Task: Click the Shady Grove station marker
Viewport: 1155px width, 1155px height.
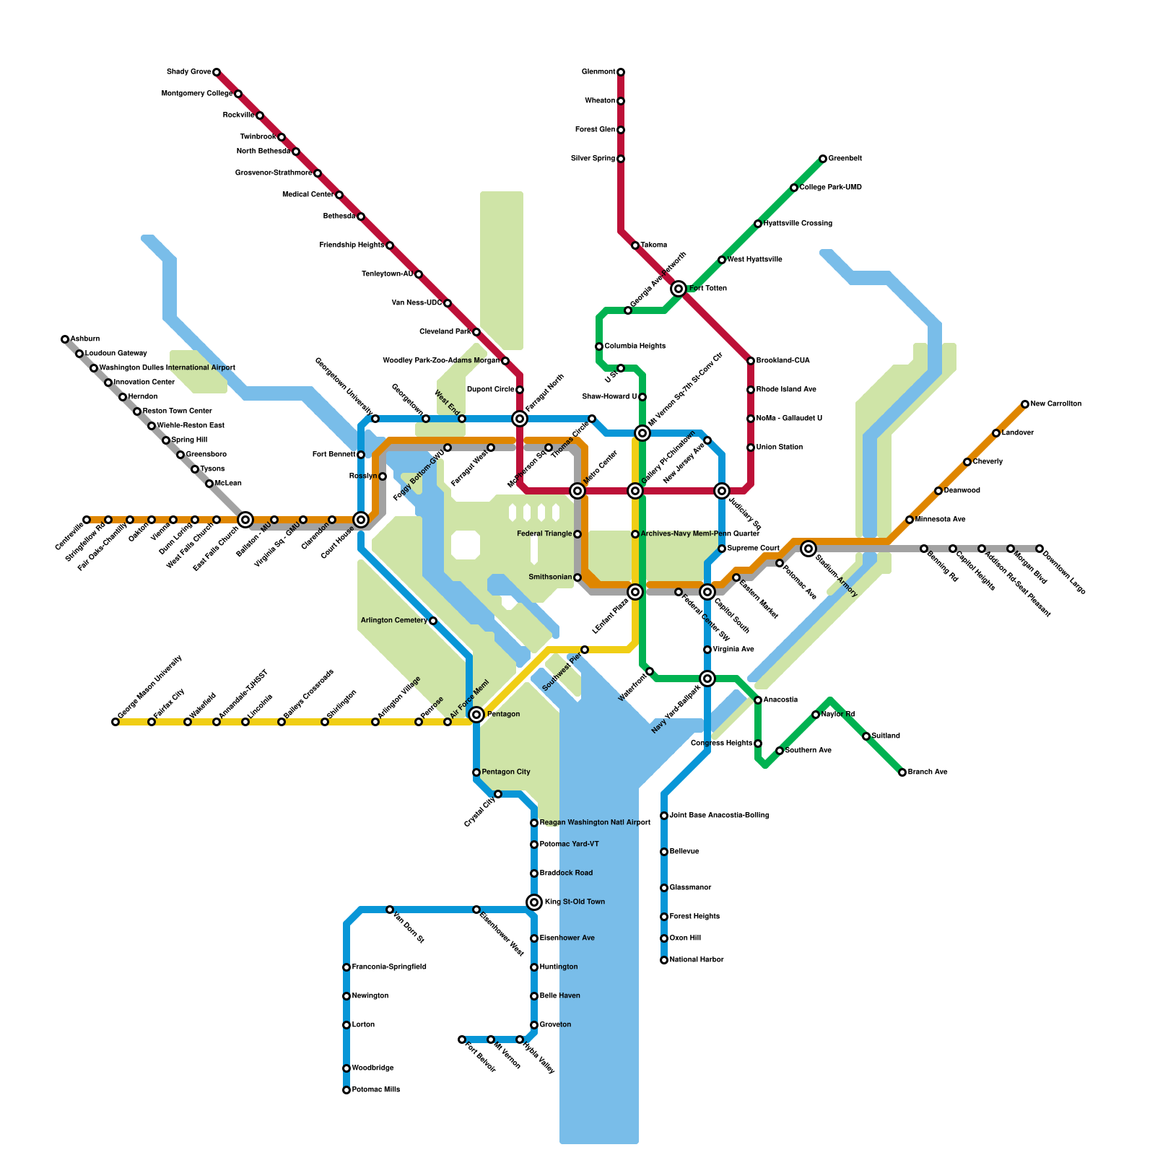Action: pos(217,72)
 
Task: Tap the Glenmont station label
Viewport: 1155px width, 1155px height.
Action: pos(598,72)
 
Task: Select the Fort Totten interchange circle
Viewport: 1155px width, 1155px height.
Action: pos(679,289)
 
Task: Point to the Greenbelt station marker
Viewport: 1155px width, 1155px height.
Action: pos(823,159)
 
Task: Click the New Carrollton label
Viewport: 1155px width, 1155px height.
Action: pos(1055,404)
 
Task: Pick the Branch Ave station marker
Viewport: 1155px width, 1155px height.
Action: pos(902,772)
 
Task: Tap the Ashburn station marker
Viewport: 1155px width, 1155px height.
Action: pos(65,339)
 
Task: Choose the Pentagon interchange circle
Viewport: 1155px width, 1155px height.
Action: pos(476,715)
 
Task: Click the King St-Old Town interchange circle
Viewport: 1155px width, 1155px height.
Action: pos(534,902)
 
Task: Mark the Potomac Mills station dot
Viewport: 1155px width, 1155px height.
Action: pos(346,1090)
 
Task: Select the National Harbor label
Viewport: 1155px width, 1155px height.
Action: pos(696,960)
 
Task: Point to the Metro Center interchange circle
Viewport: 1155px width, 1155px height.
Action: pos(577,491)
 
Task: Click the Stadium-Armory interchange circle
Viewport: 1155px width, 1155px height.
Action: pos(808,549)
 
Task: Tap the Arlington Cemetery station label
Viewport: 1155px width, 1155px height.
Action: pos(393,621)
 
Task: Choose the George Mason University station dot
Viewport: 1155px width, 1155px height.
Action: pos(115,722)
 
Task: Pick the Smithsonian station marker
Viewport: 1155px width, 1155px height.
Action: pos(577,577)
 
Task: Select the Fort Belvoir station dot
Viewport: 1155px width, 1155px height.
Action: pos(462,1039)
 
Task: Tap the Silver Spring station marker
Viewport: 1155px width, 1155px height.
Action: pos(621,159)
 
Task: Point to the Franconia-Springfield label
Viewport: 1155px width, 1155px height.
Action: pos(388,967)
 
